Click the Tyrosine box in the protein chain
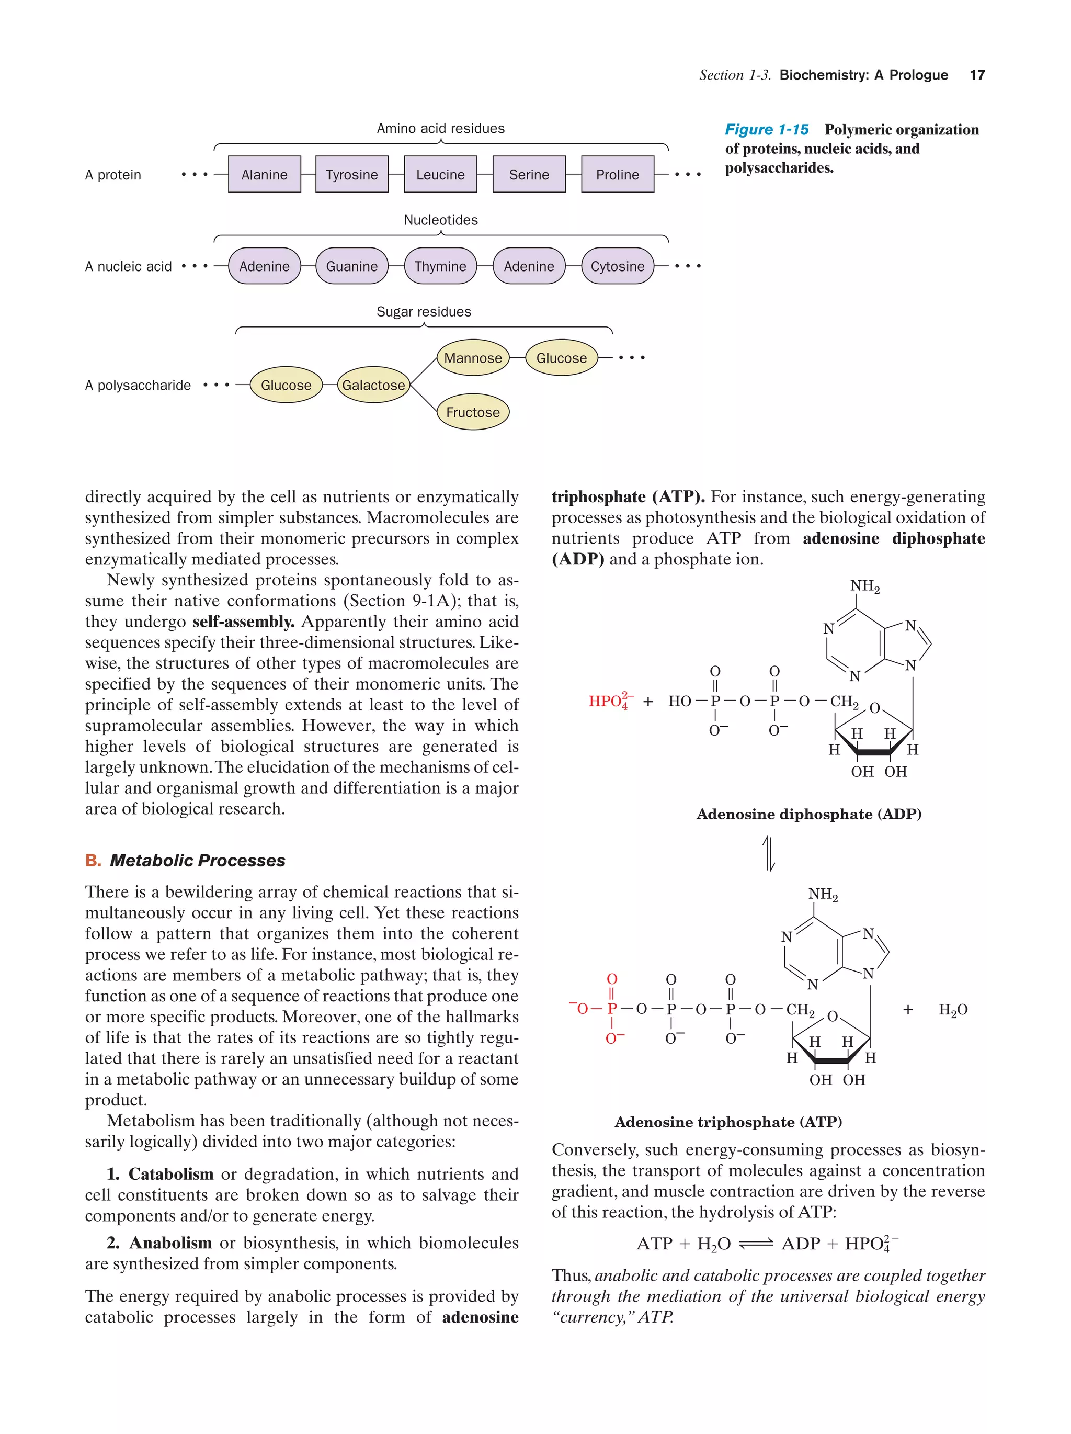[351, 174]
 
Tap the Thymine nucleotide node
[440, 266]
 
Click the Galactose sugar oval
[373, 385]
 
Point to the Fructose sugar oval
[472, 412]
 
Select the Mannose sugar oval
[472, 358]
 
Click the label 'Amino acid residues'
[440, 128]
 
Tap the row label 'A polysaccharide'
[138, 385]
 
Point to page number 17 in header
[976, 75]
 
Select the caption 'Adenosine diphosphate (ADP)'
[808, 814]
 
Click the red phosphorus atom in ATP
[611, 1009]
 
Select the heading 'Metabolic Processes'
[197, 860]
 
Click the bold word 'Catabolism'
[170, 1174]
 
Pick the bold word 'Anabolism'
[170, 1243]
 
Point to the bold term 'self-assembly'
[243, 621]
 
